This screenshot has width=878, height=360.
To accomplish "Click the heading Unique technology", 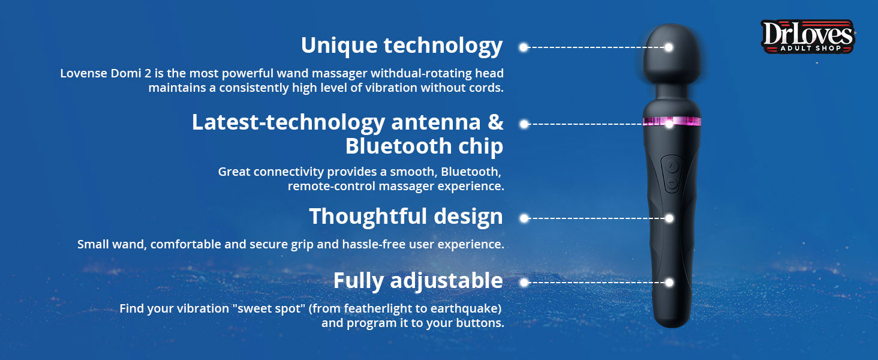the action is click(x=402, y=46).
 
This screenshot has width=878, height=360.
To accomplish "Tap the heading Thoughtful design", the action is click(x=406, y=217).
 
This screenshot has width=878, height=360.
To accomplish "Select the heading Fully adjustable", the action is click(x=418, y=281).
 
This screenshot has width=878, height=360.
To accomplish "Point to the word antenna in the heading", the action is click(x=436, y=122).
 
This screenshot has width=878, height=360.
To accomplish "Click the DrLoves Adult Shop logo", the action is click(x=808, y=37).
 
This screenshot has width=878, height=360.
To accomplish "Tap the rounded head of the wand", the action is click(x=672, y=52).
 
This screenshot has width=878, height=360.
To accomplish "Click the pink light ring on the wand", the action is click(x=672, y=121).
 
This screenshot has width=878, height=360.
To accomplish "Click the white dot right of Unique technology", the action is click(x=524, y=47).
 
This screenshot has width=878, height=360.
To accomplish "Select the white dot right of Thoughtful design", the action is click(x=524, y=218).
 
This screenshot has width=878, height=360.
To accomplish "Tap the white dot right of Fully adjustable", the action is click(x=524, y=283).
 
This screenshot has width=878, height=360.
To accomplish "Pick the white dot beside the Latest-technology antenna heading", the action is click(x=524, y=124).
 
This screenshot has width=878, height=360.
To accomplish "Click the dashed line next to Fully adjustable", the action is click(x=597, y=283).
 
